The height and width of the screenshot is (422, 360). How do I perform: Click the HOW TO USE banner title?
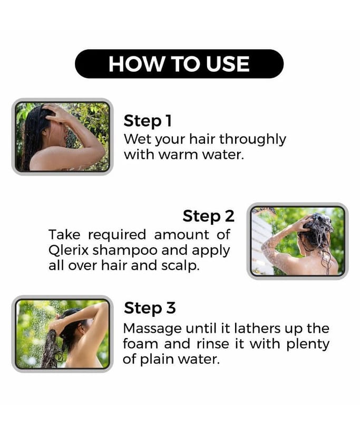tap(179, 64)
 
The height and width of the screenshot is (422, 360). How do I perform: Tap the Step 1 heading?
tap(148, 121)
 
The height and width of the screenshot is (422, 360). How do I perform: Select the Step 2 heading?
tap(208, 216)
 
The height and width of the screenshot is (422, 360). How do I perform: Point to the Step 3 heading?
tap(150, 308)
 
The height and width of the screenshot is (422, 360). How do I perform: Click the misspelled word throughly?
tap(252, 140)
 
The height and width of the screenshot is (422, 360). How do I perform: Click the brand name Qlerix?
tap(69, 251)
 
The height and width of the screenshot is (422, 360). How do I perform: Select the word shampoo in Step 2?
tap(125, 251)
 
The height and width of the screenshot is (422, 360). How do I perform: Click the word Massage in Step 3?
tap(152, 329)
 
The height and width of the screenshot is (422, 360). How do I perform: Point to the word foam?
tap(140, 344)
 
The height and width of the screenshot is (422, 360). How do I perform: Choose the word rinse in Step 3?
tap(213, 344)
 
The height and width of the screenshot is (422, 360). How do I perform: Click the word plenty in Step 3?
tap(308, 345)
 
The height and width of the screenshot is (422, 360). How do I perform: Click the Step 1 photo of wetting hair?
tap(62, 137)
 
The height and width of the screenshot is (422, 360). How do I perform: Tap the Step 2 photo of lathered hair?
tap(298, 241)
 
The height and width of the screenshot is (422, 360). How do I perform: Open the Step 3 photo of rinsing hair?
tap(62, 334)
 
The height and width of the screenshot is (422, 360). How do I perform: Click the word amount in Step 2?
tap(181, 235)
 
